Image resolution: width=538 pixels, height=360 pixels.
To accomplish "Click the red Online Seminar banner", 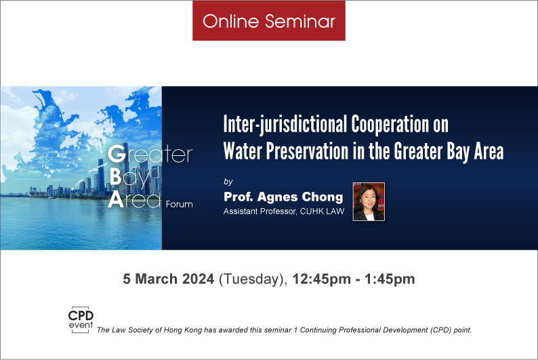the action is click(268, 20).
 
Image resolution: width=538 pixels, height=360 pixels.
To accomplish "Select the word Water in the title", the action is click(243, 151).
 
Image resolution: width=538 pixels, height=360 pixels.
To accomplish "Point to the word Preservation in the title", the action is click(308, 151).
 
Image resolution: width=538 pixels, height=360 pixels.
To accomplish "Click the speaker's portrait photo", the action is click(369, 201).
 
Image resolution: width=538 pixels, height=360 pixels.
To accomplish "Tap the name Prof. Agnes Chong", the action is click(283, 197).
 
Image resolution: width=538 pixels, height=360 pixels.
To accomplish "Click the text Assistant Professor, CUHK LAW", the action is click(284, 212).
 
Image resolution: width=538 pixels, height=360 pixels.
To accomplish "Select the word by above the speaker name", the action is click(228, 182).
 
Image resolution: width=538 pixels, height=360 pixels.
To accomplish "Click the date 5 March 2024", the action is click(169, 279).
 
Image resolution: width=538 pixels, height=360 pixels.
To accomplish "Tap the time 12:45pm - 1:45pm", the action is click(354, 279).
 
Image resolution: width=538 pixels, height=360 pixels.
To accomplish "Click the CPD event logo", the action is click(81, 319).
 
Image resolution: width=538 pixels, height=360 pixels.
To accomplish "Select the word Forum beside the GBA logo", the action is click(179, 204).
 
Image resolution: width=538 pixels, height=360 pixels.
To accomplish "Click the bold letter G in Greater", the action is click(117, 154).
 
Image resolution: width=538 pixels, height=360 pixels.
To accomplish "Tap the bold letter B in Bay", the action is click(115, 177).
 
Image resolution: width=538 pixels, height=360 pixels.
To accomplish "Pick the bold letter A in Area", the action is click(116, 199).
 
